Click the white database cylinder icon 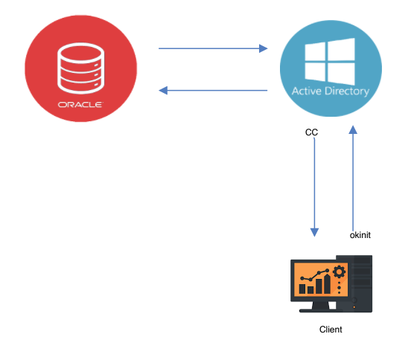80,67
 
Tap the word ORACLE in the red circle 80,104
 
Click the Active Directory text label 331,91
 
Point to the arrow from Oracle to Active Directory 212,49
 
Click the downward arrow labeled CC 314,186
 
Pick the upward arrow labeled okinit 354,179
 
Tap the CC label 312,132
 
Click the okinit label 360,234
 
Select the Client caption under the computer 331,329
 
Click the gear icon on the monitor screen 339,271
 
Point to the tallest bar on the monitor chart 326,283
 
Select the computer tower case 361,283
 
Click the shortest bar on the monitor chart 303,289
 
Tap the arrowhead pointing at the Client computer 314,232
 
